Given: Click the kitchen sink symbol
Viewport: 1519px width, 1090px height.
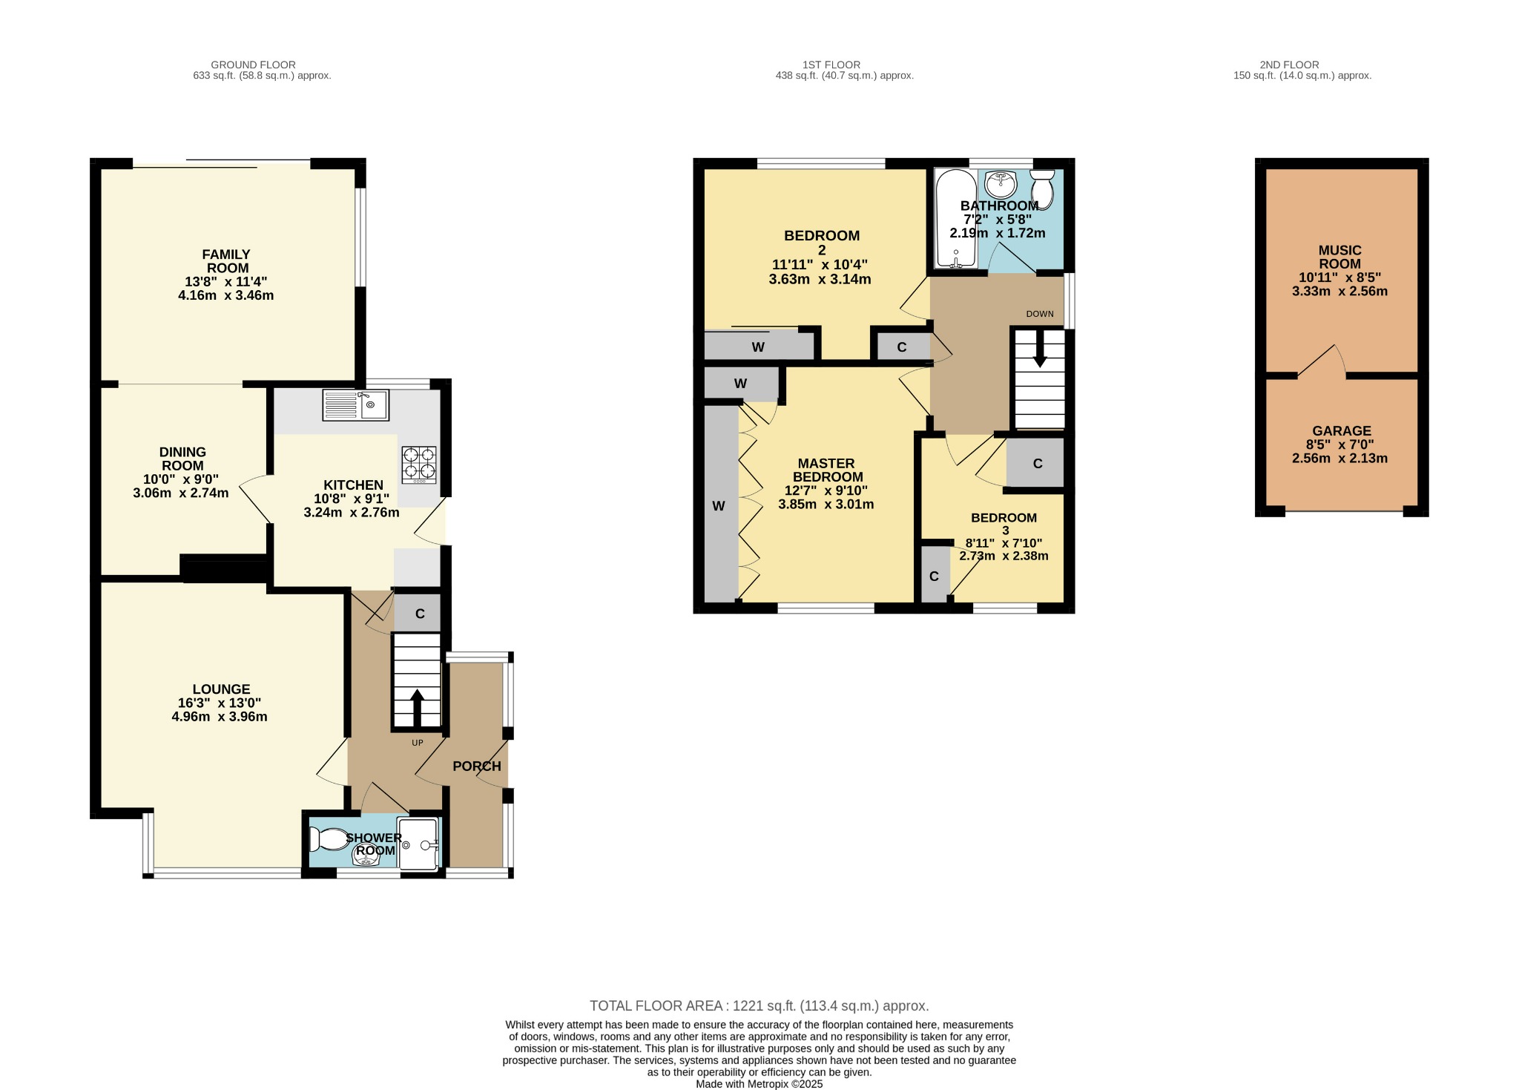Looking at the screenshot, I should pos(355,405).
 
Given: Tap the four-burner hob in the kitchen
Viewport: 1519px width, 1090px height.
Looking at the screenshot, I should pos(419,464).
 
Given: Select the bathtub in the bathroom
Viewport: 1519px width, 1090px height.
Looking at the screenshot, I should pos(955,218).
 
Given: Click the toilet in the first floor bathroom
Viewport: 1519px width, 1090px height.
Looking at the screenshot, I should pos(1043,189).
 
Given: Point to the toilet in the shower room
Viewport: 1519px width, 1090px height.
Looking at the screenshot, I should pos(327,839).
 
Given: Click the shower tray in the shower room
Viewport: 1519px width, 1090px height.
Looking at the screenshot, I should pos(419,844).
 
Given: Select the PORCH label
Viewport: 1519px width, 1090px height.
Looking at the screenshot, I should pos(477,766).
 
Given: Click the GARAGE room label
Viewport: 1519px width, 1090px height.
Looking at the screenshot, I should pos(1341,430).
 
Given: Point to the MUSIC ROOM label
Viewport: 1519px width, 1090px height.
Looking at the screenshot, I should pos(1340,257).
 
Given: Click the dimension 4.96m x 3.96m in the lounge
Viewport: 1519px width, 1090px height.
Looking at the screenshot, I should pos(220,717).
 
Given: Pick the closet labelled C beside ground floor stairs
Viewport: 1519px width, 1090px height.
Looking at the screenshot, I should pos(419,614).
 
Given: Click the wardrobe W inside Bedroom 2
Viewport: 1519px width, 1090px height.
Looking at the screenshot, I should pos(758,347).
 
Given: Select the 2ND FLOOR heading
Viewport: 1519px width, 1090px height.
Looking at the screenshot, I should pos(1289,65).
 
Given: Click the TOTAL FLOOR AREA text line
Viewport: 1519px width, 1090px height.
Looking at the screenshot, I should pos(759,1006).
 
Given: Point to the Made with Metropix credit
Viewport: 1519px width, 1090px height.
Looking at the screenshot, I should pos(759,1084).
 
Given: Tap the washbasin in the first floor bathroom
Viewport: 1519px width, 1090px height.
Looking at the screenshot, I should pos(1001,183).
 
